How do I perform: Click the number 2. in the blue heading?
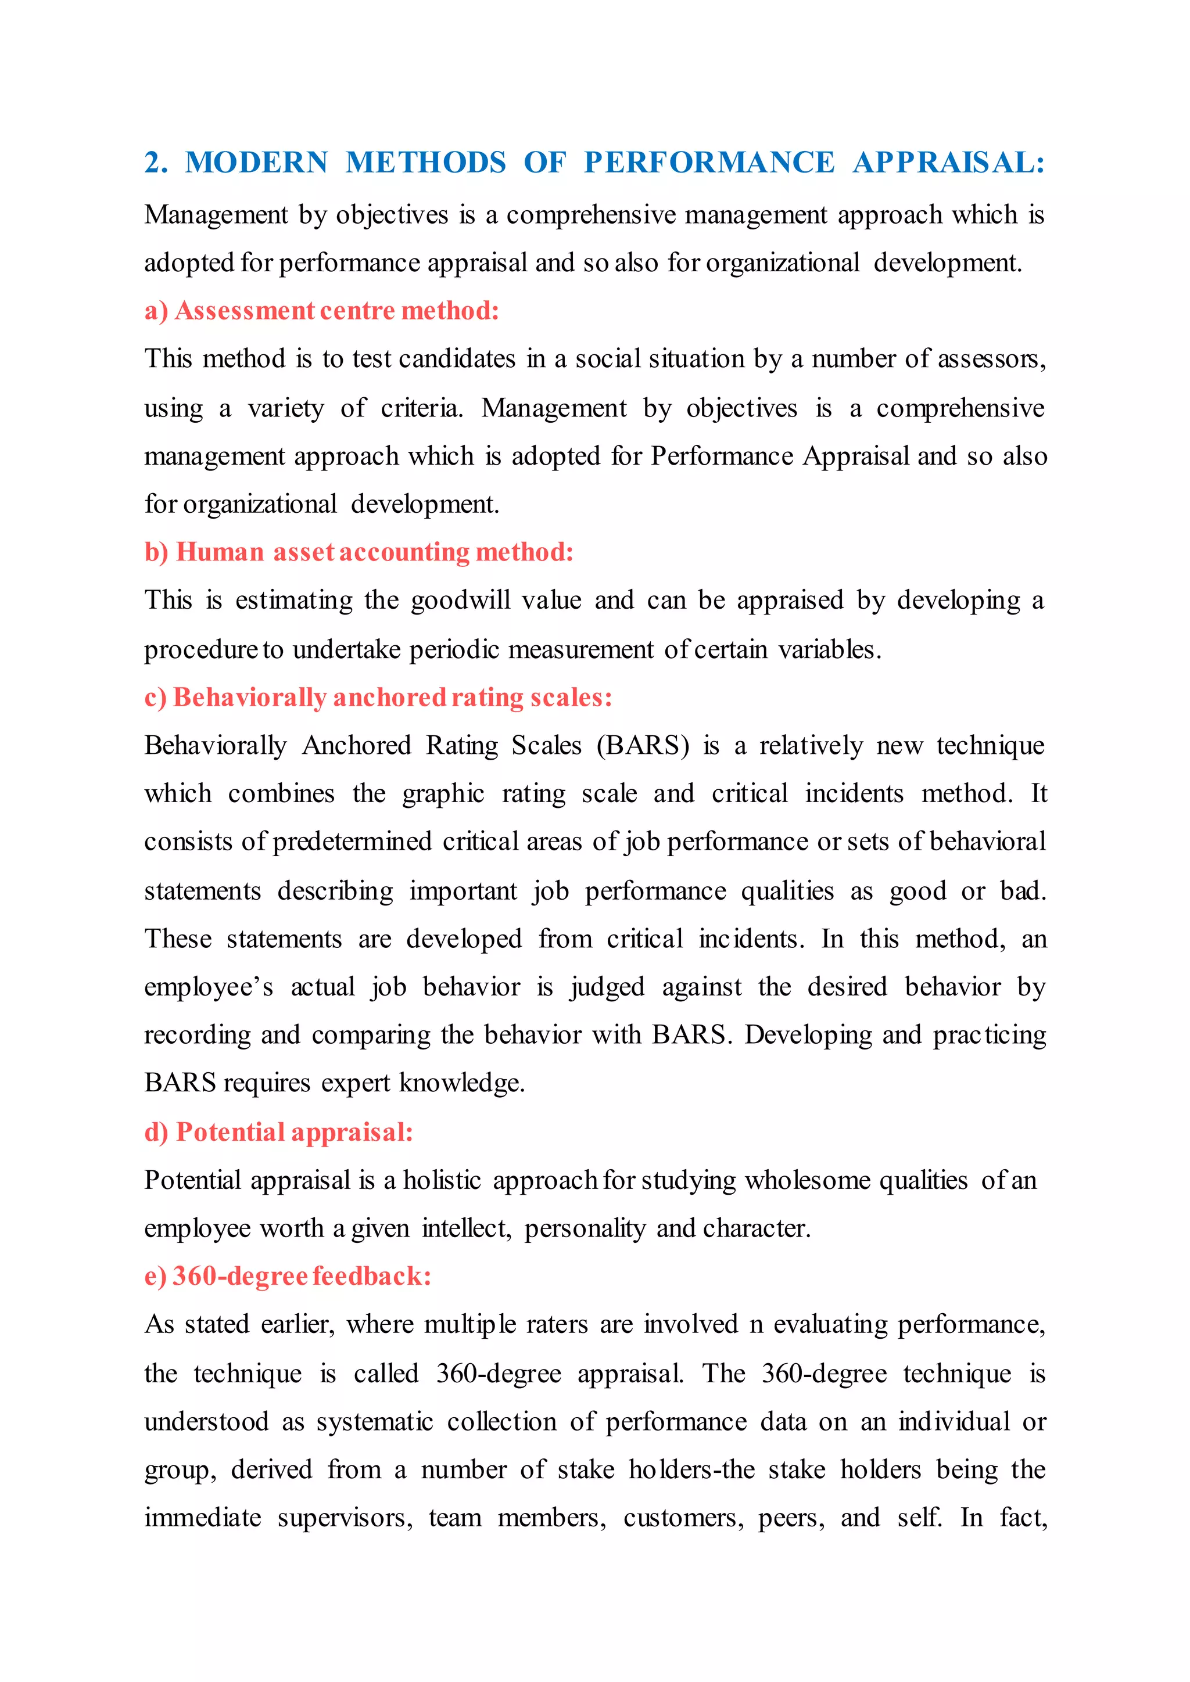coord(156,163)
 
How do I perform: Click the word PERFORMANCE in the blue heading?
coord(708,163)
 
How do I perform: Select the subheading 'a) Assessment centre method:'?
coord(322,311)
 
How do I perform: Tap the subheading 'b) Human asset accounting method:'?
coord(359,552)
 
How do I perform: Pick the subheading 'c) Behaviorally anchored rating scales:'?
coord(378,697)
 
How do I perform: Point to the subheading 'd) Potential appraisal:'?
coord(278,1132)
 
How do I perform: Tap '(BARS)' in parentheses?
coord(643,745)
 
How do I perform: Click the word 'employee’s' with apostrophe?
coord(208,987)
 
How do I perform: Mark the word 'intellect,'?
coord(466,1228)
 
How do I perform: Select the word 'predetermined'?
coord(352,842)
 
